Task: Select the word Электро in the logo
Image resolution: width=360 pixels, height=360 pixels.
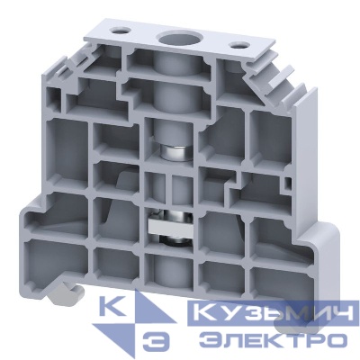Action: (x=270, y=340)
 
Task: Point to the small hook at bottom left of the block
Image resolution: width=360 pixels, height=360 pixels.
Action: (x=58, y=293)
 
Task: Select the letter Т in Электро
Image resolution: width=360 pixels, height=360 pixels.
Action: (x=289, y=340)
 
